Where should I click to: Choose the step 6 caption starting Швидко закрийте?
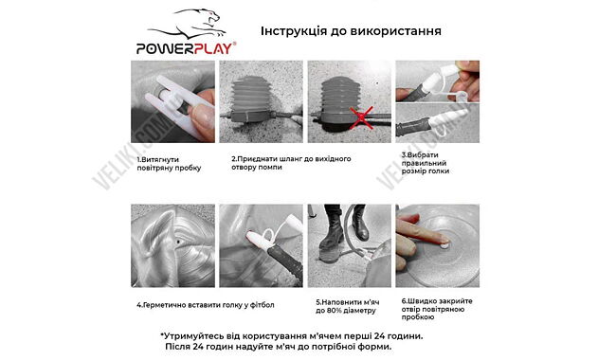[432, 305]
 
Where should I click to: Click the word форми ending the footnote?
[371, 347]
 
